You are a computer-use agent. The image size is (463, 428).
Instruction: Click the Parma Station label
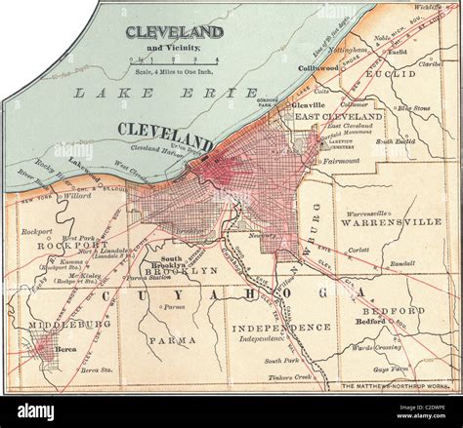click(x=149, y=277)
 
